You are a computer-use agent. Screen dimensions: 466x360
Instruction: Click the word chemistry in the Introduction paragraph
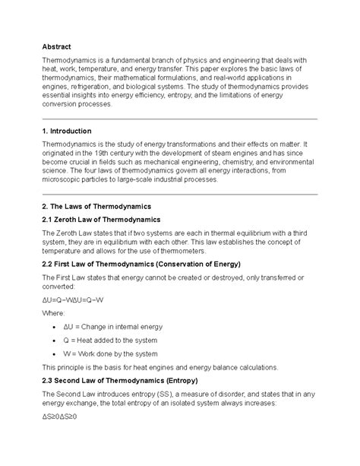pyautogui.click(x=242, y=162)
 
